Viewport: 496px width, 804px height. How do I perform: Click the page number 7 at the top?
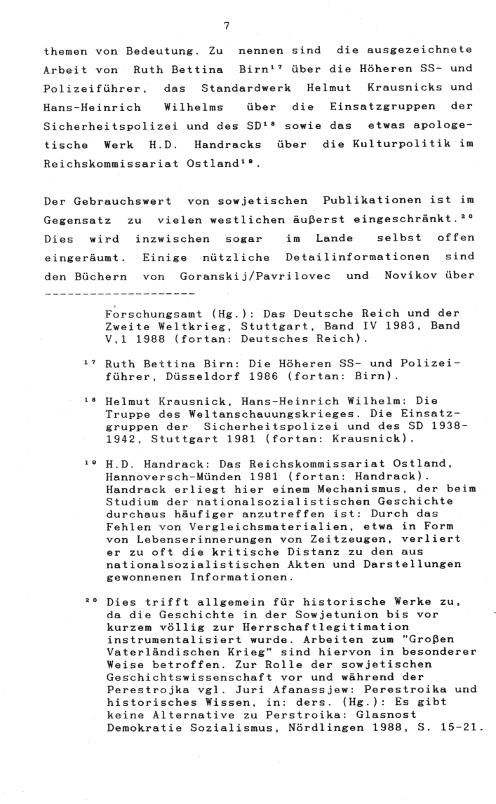(227, 26)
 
